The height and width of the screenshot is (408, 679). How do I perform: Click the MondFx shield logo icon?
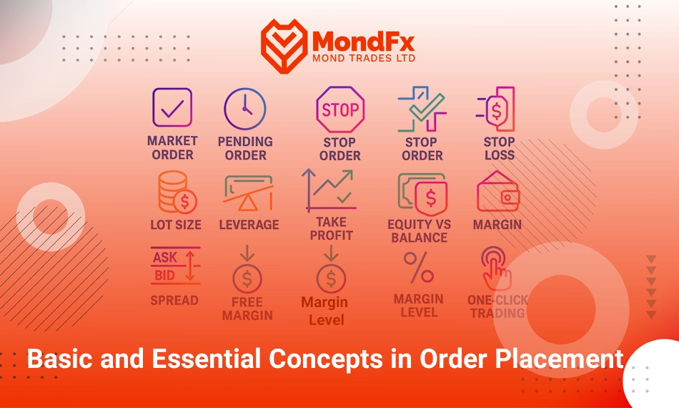284,46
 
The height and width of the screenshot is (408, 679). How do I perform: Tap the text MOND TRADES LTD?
364,58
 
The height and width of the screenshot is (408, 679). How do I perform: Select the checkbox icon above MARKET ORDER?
172,107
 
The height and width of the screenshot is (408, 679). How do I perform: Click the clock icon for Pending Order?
245,109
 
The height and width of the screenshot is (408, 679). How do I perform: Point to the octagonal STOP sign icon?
340,110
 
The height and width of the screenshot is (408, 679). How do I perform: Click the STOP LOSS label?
500,148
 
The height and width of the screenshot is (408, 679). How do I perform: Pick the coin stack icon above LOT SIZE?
177,192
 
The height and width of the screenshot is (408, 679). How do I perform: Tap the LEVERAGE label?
249,225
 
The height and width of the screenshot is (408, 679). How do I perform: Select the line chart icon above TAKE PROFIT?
329,190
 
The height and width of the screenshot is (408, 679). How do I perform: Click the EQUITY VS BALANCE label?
419,231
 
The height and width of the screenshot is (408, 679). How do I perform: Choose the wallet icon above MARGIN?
498,191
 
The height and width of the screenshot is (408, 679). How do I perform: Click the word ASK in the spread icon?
165,258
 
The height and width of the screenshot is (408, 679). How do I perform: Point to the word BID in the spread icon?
164,276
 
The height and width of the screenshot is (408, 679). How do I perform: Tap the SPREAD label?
174,300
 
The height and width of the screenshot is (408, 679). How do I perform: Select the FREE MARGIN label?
247,309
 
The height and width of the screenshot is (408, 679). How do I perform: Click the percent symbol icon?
419,268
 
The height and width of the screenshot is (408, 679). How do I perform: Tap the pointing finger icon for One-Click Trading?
496,268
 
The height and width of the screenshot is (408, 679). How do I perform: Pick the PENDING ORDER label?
245,148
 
